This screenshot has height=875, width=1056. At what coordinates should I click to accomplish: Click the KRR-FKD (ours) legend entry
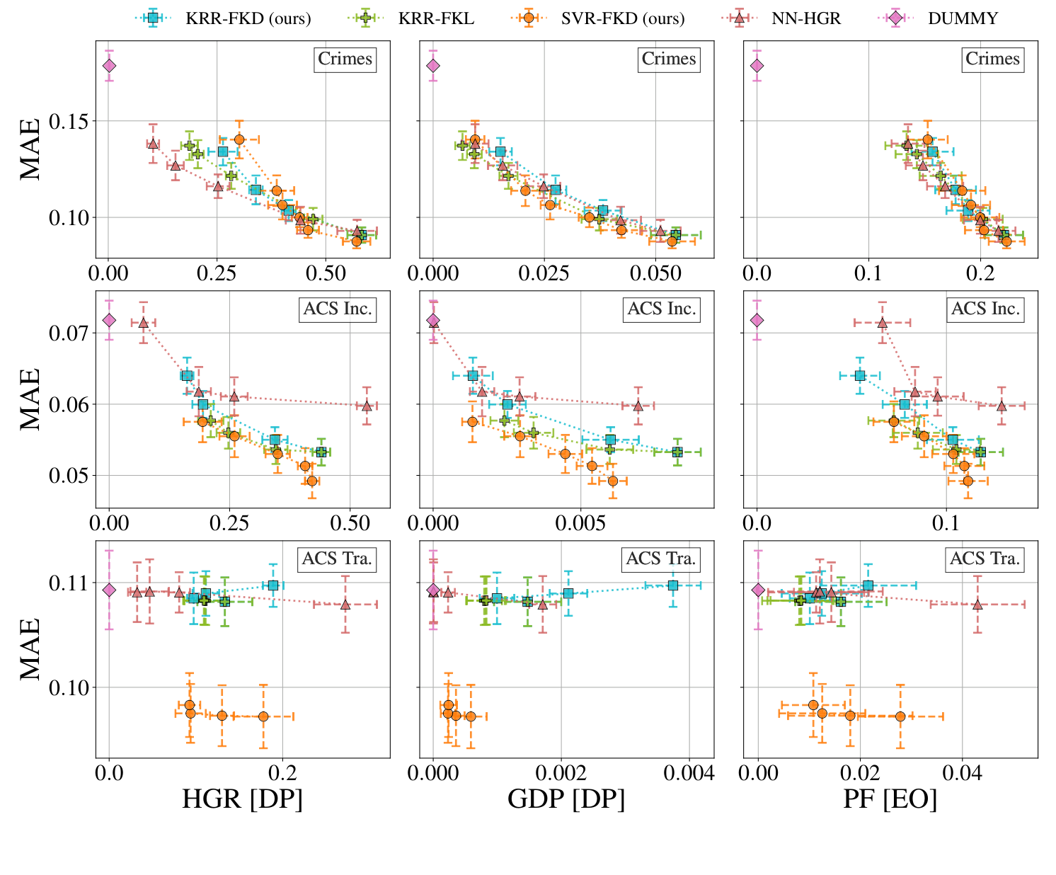click(248, 18)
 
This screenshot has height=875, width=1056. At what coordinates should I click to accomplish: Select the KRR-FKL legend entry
click(435, 18)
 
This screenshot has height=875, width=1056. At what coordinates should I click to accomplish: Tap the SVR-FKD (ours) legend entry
click(622, 18)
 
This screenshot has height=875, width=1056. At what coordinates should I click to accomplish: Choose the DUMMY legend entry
click(962, 18)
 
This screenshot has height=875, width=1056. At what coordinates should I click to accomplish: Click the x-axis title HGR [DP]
click(242, 799)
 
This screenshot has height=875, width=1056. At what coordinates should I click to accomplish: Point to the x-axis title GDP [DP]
click(566, 799)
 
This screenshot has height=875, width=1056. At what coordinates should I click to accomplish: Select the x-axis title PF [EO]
click(890, 799)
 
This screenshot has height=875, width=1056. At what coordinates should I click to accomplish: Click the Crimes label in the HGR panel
click(345, 59)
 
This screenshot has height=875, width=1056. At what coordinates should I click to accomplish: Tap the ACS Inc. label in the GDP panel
click(662, 309)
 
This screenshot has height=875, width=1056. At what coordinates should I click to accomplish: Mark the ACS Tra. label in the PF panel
click(985, 559)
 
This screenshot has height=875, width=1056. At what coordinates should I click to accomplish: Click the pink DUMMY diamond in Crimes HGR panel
click(109, 66)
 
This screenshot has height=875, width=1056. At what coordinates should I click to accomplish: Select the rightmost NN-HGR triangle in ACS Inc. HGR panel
click(367, 406)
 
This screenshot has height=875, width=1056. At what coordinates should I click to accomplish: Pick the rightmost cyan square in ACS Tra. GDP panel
click(673, 585)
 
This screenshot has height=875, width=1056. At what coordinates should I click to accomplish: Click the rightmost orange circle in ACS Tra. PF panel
click(900, 716)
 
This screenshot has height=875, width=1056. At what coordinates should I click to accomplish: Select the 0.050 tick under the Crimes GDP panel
click(655, 273)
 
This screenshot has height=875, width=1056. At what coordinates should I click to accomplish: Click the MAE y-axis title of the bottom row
click(30, 649)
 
